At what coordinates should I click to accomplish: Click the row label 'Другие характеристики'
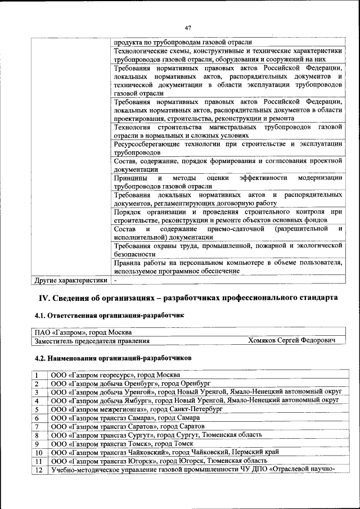point(70,279)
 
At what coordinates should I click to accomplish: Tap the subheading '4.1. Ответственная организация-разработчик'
point(109,317)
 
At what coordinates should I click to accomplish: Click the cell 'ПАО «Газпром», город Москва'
point(82,332)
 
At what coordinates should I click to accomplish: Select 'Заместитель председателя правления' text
point(92,341)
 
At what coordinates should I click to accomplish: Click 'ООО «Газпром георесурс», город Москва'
point(115,375)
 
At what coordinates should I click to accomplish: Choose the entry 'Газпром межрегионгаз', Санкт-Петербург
point(137,409)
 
